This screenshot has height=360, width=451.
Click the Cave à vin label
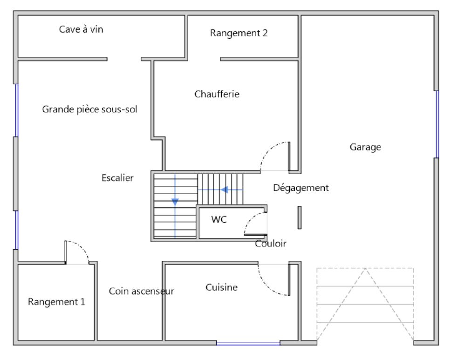(x=81, y=29)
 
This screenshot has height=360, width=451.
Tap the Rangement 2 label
(x=239, y=33)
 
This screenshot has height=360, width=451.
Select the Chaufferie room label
(x=217, y=94)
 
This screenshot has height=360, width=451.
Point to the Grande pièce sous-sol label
(x=90, y=109)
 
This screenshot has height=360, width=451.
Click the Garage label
(x=365, y=147)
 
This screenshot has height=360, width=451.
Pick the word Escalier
(x=117, y=178)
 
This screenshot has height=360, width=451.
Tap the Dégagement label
(x=301, y=188)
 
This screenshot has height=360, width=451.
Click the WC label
(x=219, y=219)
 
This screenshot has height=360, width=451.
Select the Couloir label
(x=271, y=244)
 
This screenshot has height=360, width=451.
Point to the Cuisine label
(x=221, y=287)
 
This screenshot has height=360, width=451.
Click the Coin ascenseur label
(x=142, y=291)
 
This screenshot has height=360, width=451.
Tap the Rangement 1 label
(x=57, y=302)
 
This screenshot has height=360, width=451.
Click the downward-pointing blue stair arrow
(x=175, y=202)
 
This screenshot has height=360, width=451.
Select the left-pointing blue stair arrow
(x=225, y=190)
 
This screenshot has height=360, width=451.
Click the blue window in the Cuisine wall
(x=248, y=344)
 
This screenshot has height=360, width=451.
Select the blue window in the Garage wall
(x=437, y=124)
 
